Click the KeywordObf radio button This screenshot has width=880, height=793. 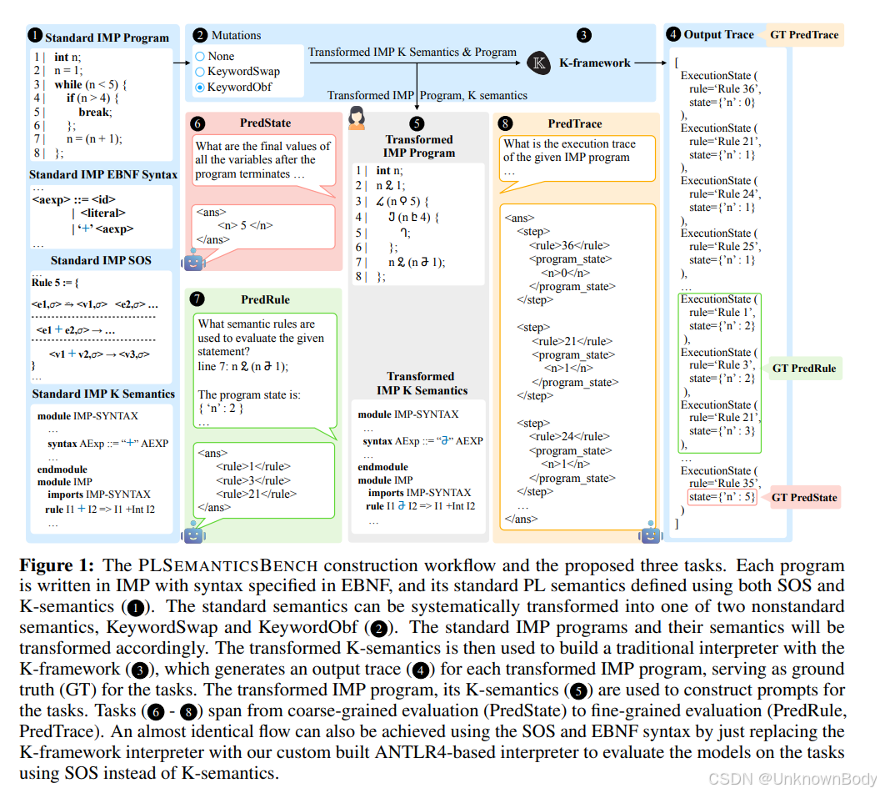(200, 88)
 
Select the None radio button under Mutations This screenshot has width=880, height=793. (200, 57)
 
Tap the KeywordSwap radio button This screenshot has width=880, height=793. (200, 72)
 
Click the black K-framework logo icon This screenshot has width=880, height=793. (538, 63)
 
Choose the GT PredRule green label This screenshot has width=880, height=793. (803, 368)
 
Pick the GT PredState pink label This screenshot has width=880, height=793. (803, 498)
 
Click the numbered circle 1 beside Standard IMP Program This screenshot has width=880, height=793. (35, 36)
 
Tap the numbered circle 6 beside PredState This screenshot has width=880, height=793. (197, 123)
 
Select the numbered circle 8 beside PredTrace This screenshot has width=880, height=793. (506, 123)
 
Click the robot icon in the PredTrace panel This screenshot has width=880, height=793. (651, 534)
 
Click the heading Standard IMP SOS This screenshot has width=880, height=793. (101, 260)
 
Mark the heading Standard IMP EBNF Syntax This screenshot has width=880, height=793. (103, 175)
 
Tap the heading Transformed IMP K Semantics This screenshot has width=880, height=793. (421, 384)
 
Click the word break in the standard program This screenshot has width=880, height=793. (94, 112)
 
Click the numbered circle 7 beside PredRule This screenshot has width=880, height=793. (197, 298)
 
